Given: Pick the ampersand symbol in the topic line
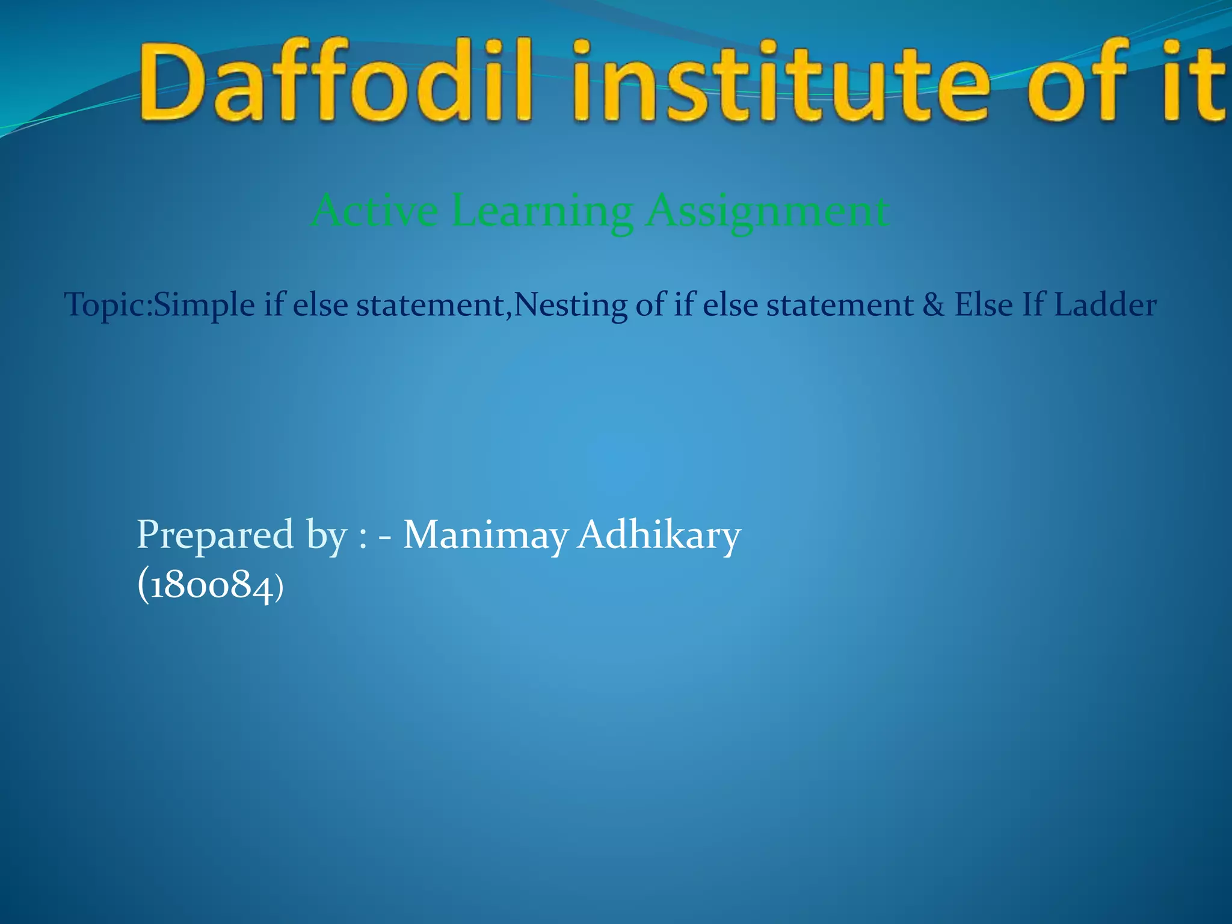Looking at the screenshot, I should (x=934, y=304).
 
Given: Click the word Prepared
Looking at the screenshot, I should (x=215, y=535).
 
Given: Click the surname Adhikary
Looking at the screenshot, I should (x=659, y=535).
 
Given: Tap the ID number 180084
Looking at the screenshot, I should (x=210, y=585).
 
